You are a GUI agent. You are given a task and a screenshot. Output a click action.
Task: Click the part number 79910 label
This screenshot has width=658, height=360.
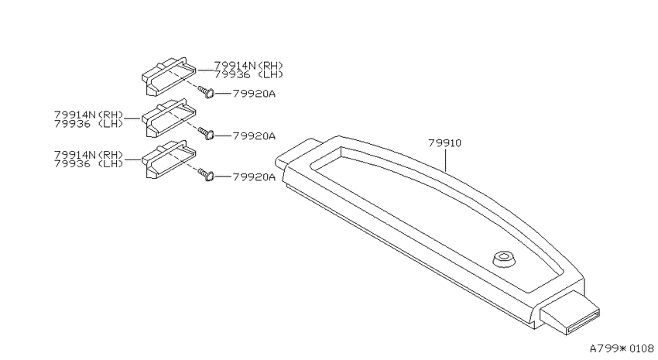coord(444,143)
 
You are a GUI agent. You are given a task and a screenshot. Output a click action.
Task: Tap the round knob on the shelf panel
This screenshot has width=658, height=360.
coord(504,259)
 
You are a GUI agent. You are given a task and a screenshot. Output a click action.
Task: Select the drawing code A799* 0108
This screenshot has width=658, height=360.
coord(622,348)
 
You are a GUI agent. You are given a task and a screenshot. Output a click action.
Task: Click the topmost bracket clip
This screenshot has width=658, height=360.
coord(168,77)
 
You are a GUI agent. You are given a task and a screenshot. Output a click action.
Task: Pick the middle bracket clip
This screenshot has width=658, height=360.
coord(168,118)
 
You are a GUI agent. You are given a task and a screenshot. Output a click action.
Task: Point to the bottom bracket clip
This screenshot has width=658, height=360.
coord(168,159)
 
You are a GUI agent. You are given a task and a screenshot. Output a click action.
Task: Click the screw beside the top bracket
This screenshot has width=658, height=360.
coord(206,92)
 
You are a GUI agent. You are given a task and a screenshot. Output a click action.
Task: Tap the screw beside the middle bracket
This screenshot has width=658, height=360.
coord(206,134)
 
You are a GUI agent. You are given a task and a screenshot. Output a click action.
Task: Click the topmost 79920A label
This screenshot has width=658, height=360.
coord(254,94)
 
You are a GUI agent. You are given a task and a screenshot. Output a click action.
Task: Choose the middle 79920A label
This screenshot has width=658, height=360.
coord(254,136)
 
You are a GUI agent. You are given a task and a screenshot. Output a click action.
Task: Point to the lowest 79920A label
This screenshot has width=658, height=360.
coord(254,177)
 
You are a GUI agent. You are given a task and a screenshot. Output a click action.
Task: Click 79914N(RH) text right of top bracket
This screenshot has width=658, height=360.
coord(248,66)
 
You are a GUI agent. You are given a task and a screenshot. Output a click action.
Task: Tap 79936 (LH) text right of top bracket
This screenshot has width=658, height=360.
coord(248,74)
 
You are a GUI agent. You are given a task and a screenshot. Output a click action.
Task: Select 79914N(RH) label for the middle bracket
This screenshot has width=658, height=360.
coord(88,115)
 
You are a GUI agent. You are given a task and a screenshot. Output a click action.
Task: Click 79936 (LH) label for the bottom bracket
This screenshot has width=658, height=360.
coord(88,163)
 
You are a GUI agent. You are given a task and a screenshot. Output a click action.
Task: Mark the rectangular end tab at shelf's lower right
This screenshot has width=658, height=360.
coord(570,314)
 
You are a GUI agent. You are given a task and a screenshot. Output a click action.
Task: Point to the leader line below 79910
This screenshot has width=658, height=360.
coord(445,159)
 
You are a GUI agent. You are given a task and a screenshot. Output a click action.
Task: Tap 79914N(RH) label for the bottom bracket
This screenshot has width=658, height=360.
coord(88,154)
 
